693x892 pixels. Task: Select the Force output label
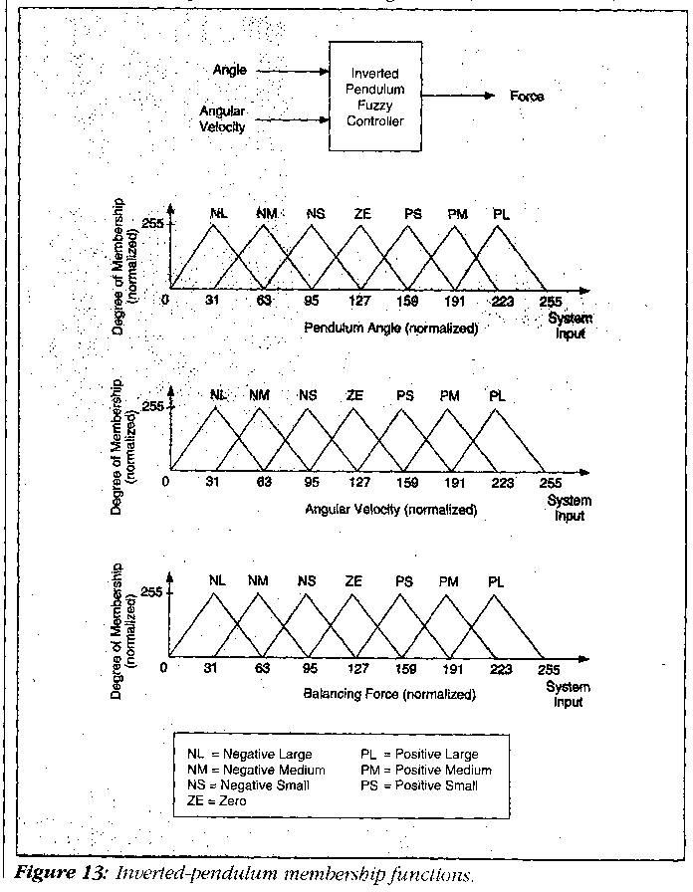coord(527,97)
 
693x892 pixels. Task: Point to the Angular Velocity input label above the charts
coord(222,118)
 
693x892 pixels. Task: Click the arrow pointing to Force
coord(467,97)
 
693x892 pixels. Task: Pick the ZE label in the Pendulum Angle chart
coord(362,213)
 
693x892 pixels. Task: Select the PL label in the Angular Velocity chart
coord(498,395)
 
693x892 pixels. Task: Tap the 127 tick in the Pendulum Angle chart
coord(359,301)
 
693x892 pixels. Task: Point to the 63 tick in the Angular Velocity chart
coord(265,483)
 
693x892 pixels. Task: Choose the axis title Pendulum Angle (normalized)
coord(390,328)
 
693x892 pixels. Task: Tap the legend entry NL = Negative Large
coord(250,754)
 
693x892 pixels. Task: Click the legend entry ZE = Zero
coord(222,800)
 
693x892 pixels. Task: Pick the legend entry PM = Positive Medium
coord(426,770)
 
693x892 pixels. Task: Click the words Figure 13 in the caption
coord(64,875)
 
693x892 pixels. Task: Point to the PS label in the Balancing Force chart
coord(403,579)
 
